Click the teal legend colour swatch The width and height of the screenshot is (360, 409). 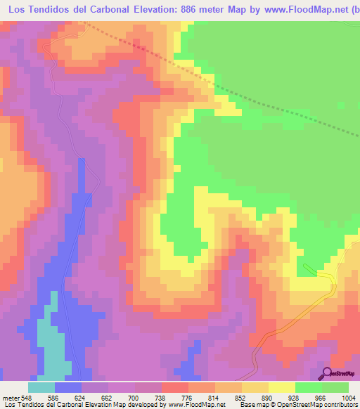41,387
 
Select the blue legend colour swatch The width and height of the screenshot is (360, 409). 68,387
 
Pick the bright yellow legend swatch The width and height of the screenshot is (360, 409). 282,387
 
